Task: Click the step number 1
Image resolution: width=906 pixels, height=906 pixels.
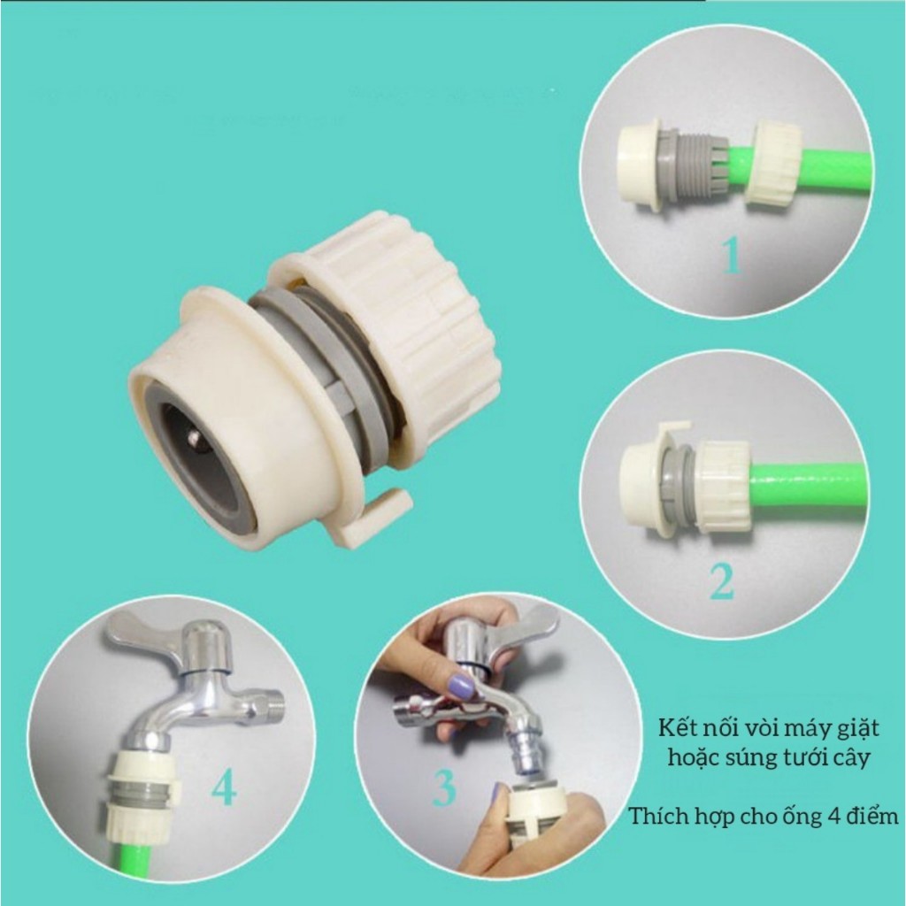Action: coord(733,257)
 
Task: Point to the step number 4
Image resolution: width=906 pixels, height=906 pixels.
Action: coord(224,788)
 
